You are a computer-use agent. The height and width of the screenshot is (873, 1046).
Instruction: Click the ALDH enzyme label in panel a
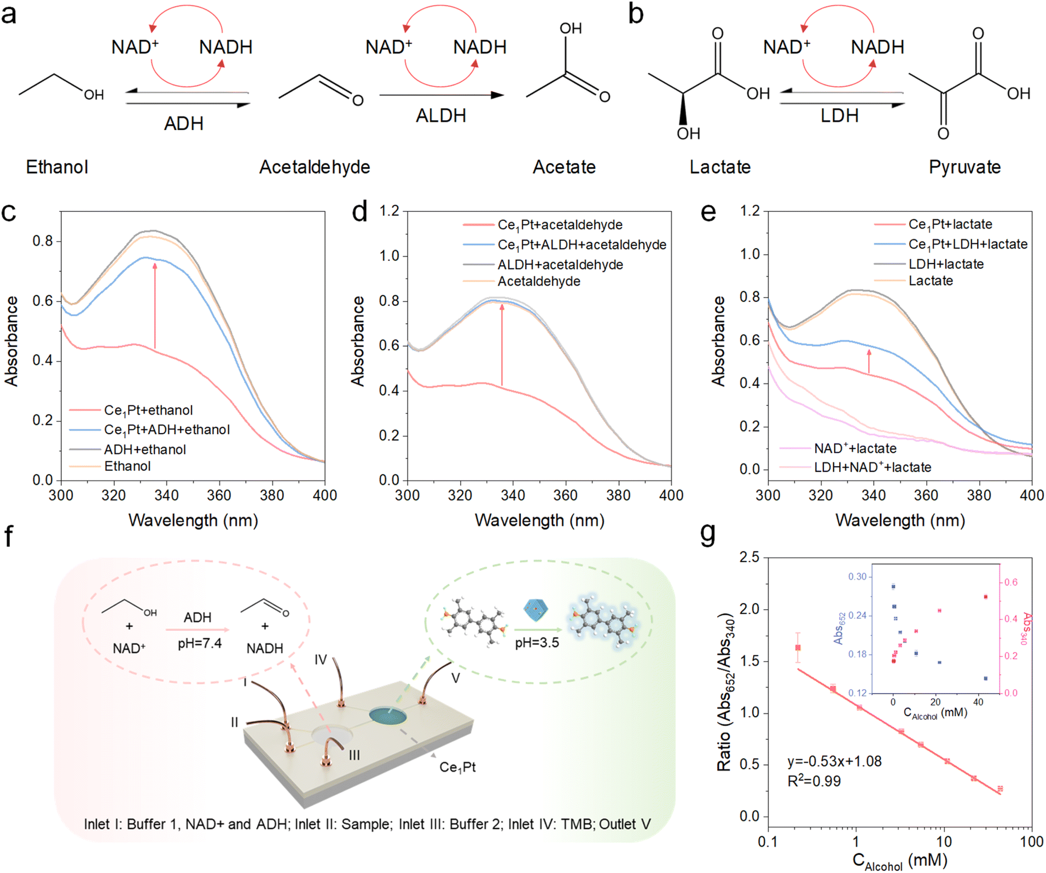click(440, 115)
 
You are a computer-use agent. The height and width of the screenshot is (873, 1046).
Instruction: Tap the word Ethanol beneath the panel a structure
click(57, 167)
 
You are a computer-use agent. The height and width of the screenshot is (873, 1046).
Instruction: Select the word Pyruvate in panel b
click(964, 167)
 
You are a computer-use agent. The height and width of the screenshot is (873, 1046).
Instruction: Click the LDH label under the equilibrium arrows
click(839, 115)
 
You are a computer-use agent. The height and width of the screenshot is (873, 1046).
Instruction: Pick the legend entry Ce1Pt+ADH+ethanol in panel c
click(166, 430)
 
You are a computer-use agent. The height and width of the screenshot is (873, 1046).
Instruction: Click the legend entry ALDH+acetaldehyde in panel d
click(560, 265)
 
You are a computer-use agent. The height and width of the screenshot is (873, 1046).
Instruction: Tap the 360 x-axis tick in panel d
click(566, 496)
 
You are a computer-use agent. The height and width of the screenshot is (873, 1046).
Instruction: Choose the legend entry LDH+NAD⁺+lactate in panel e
click(872, 467)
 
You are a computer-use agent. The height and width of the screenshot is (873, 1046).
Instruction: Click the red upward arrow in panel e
click(869, 362)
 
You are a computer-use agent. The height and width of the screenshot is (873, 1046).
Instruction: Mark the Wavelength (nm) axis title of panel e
click(900, 520)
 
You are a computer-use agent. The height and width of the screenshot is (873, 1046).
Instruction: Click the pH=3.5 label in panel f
click(537, 643)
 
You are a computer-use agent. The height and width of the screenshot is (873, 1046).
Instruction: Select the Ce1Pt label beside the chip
click(457, 767)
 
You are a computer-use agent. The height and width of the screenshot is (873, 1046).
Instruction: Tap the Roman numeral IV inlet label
click(321, 660)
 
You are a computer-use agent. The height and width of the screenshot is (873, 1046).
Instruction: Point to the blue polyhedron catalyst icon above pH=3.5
click(536, 610)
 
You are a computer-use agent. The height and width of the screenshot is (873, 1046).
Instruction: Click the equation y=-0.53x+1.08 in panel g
click(834, 761)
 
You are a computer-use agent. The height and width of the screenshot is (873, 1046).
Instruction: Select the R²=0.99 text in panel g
click(814, 781)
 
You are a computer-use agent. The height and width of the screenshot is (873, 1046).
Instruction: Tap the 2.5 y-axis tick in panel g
click(749, 557)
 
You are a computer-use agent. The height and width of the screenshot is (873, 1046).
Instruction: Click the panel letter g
click(708, 534)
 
